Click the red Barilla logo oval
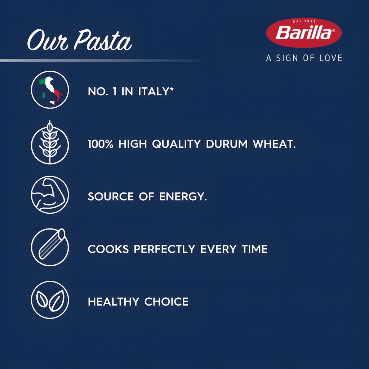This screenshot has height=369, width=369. tap(304, 33)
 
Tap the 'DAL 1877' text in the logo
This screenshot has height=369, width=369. tap(304, 21)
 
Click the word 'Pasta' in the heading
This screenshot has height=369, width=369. tap(103, 40)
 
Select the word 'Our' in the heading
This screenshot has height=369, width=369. tap(48, 40)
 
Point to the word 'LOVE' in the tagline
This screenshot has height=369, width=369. tap(331, 58)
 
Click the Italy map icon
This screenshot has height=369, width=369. tap(50, 90)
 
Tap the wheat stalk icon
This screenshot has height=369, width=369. tap(50, 143)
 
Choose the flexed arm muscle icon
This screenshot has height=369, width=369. tap(50, 195)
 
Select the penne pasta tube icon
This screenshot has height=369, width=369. tap(50, 247)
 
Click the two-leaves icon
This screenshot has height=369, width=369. tap(50, 300)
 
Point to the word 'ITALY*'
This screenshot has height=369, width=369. tap(156, 91)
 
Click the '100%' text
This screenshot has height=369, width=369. tap(101, 144)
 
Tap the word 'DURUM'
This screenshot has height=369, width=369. tap(227, 144)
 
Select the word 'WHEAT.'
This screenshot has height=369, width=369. tap(274, 144)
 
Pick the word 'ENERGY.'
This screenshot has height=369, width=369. tap(183, 196)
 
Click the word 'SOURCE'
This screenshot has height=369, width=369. tap(111, 196)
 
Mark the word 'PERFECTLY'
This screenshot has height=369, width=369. tap(164, 249)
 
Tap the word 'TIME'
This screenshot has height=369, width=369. tap(255, 249)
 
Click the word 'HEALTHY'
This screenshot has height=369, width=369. tap(114, 302)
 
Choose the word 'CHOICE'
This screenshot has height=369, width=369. tap(166, 302)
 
